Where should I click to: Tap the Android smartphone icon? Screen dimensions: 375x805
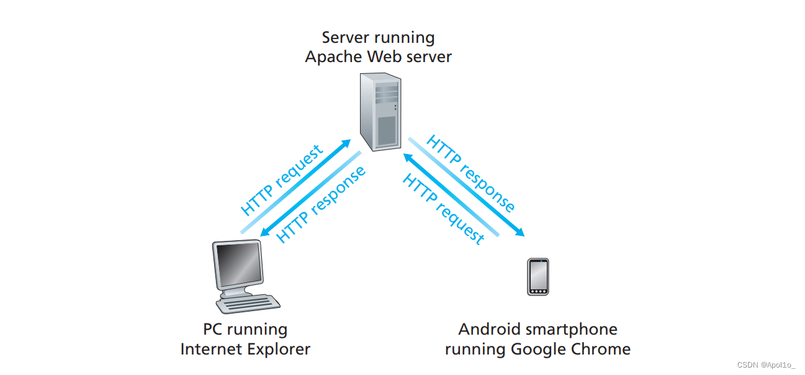pyautogui.click(x=538, y=277)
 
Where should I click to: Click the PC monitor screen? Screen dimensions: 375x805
pyautogui.click(x=237, y=266)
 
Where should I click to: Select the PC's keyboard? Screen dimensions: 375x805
pyautogui.click(x=246, y=304)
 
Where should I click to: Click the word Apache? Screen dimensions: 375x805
pyautogui.click(x=333, y=57)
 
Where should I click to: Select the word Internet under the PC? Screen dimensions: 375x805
pyautogui.click(x=207, y=349)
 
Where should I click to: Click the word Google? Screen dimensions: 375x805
pyautogui.click(x=539, y=349)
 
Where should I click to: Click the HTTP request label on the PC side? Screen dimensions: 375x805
pyautogui.click(x=282, y=179)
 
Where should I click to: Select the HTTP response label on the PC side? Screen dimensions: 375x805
pyautogui.click(x=321, y=205)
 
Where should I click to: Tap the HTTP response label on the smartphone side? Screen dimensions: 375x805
pyautogui.click(x=470, y=173)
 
